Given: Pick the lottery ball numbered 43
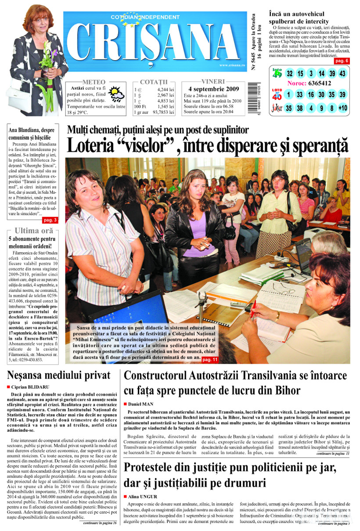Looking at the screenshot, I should tap(342, 73).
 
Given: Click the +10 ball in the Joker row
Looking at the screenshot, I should tap(342, 108).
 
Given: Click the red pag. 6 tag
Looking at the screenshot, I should tap(342, 61).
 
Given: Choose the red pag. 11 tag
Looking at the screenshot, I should tap(210, 360).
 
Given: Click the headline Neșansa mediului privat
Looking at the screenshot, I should tap(59, 375).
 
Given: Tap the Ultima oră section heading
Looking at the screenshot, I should tap(34, 231).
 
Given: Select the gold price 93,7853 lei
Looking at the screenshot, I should tap(163, 112).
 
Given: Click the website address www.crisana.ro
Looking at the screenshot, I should tap(229, 65).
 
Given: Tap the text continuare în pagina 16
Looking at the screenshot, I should tap(100, 523).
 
